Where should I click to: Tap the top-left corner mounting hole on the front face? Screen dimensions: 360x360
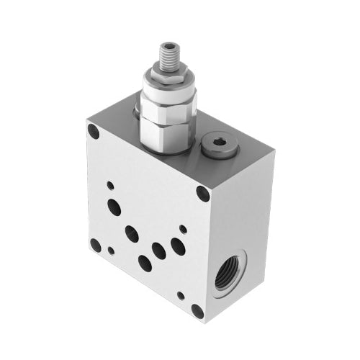(x=93, y=132)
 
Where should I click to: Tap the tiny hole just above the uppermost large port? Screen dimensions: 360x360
(x=110, y=185)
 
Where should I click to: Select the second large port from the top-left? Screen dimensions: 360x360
(x=131, y=234)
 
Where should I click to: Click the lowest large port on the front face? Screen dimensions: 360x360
(x=145, y=264)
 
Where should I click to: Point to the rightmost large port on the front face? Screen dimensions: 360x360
(x=176, y=247)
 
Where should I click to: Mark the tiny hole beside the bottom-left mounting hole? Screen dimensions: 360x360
(x=111, y=251)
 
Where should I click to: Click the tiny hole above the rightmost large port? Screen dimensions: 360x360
(x=183, y=229)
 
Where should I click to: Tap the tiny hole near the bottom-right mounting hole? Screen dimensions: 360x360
(x=181, y=295)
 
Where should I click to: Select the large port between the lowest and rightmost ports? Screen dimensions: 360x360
(x=158, y=251)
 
